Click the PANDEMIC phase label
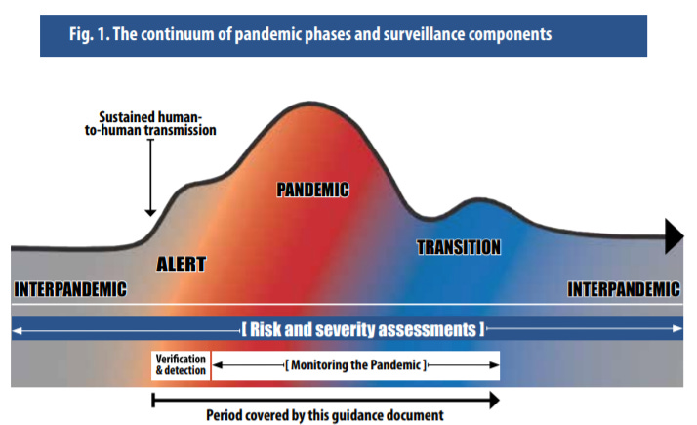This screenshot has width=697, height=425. click(312, 190)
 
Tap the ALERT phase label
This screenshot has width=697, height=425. click(181, 263)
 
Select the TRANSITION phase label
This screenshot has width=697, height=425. click(459, 247)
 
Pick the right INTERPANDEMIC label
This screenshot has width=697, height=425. click(624, 288)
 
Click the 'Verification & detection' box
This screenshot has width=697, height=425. click(181, 364)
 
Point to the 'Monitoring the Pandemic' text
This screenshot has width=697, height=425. click(355, 364)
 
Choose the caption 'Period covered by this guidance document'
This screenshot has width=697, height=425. click(325, 414)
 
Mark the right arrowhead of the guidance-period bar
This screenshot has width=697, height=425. click(494, 399)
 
